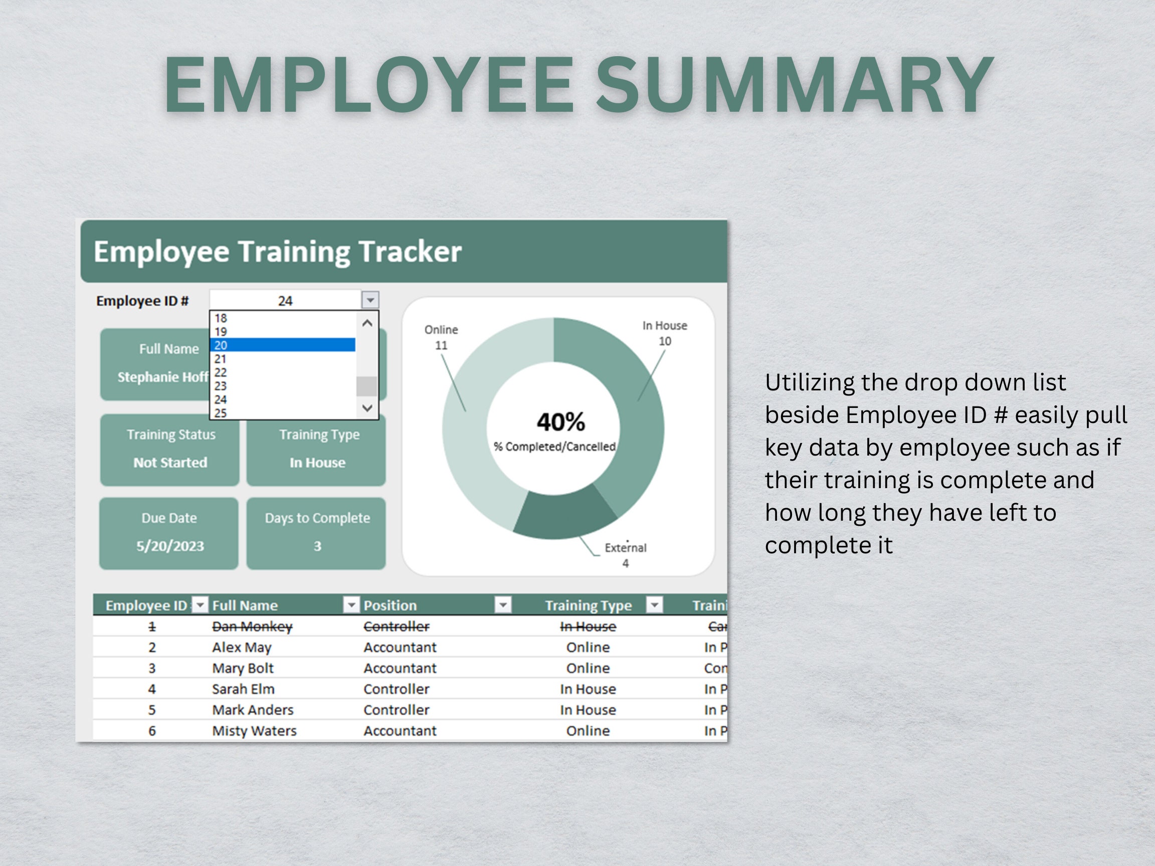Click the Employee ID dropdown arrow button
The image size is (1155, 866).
coord(369,300)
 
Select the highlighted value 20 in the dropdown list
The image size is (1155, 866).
coord(282,345)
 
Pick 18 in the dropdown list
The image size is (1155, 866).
coord(282,318)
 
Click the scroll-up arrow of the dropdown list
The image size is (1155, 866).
coord(367,324)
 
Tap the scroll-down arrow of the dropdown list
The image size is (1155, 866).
coord(367,407)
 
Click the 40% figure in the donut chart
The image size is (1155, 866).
coord(560,422)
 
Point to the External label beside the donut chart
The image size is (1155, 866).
coord(625,548)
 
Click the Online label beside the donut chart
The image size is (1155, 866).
coord(441,330)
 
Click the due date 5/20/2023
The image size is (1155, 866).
coord(170,546)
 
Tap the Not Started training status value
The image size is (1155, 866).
coord(170,463)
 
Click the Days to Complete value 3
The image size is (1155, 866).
coord(317,546)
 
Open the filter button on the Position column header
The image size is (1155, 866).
coord(503,604)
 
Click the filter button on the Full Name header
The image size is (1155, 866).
coord(351,604)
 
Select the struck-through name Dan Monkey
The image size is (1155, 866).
coord(252,626)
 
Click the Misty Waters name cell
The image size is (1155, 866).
coord(254,731)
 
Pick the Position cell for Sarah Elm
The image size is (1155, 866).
coord(396,689)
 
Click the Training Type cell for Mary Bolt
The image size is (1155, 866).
coord(588,668)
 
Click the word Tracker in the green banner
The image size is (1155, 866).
coord(410,252)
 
